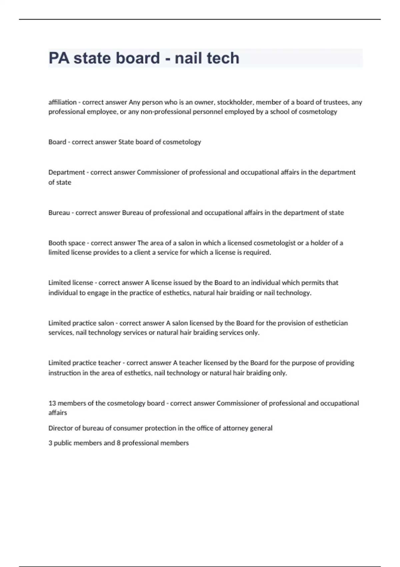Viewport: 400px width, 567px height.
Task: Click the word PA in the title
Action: tap(59, 58)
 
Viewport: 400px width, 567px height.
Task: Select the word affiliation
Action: tap(62, 102)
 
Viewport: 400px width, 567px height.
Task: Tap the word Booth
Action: tap(57, 243)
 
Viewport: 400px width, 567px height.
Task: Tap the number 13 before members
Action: tap(52, 403)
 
